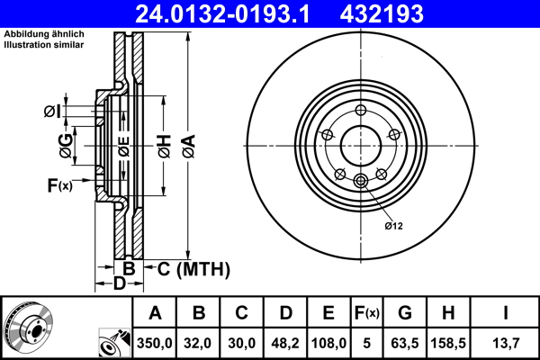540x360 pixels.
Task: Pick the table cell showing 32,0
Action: click(200, 343)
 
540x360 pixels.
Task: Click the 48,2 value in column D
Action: click(285, 343)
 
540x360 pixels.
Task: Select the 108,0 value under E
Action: click(329, 343)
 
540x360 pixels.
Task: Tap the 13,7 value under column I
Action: click(504, 343)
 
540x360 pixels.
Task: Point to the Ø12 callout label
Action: click(393, 225)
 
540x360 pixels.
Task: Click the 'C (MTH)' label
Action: click(193, 269)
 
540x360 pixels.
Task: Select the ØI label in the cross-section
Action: click(52, 112)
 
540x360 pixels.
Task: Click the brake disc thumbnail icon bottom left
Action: click(28, 328)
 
